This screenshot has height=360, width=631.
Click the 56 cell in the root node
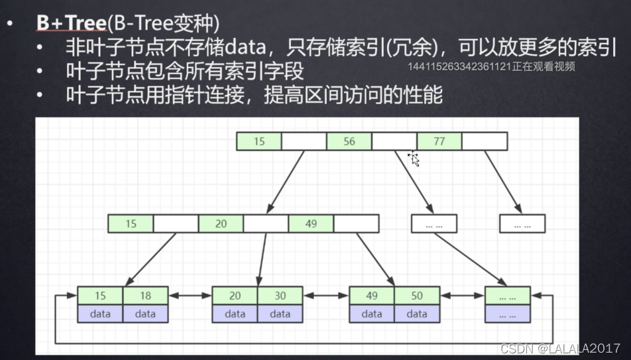349,141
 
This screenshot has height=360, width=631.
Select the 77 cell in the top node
439,141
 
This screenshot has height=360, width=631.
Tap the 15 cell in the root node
258,141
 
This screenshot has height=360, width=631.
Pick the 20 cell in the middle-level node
221,223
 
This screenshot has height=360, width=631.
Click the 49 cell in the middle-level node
311,223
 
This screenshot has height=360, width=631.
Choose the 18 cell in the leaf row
145,296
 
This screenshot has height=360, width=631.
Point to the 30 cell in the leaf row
280,296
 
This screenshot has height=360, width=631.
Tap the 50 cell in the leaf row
417,296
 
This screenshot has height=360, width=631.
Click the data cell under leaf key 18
145,314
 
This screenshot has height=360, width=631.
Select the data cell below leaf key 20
235,314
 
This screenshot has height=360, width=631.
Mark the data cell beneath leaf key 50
417,314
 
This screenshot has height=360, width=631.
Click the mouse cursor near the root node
414,158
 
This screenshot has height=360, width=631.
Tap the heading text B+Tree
71,23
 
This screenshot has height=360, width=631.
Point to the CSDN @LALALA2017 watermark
560,348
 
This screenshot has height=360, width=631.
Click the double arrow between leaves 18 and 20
190,296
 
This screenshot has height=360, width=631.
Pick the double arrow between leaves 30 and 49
326,296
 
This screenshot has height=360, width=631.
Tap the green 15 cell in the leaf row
99,296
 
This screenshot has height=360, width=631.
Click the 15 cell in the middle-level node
131,223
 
